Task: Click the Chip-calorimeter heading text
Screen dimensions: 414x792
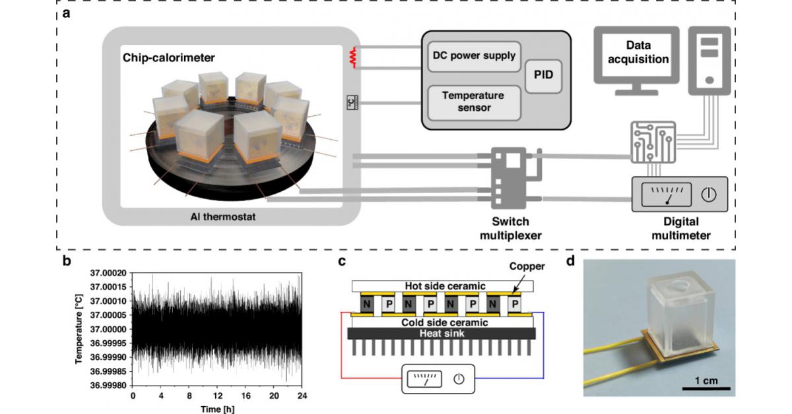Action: click(x=168, y=57)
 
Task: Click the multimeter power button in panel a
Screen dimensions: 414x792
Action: click(x=708, y=194)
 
